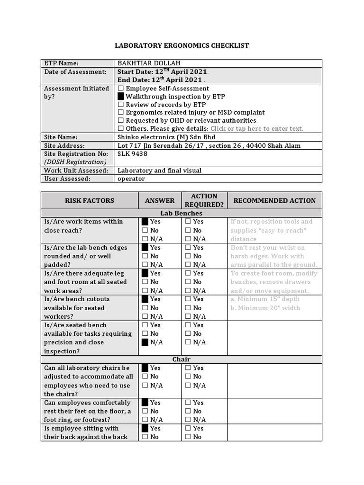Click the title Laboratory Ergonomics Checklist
(x=182, y=45)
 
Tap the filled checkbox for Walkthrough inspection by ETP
(x=121, y=97)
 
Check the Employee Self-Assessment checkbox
(x=121, y=89)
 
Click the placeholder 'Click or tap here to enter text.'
(x=257, y=129)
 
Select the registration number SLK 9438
(x=132, y=154)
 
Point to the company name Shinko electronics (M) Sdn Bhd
(x=166, y=137)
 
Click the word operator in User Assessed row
(x=131, y=179)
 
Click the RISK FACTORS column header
(x=90, y=200)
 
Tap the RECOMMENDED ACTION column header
(x=274, y=200)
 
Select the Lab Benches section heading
(x=182, y=214)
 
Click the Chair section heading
(x=182, y=359)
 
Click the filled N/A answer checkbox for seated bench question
(x=145, y=342)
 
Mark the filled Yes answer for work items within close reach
(x=145, y=222)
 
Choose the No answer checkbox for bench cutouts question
(x=145, y=308)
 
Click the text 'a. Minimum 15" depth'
(x=265, y=299)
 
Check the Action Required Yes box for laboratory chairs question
(x=188, y=368)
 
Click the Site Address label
(x=64, y=146)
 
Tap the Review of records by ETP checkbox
(x=121, y=105)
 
